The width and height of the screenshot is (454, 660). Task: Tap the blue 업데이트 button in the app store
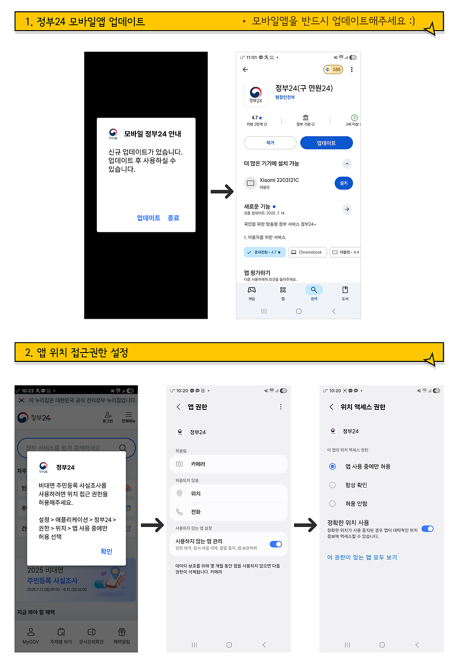pyautogui.click(x=326, y=143)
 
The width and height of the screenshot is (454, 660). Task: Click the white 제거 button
pyautogui.click(x=270, y=143)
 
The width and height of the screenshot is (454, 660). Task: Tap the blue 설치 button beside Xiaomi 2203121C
pyautogui.click(x=344, y=183)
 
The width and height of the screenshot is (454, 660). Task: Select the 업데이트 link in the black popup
pyautogui.click(x=149, y=218)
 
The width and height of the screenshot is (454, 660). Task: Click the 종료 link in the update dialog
pyautogui.click(x=173, y=218)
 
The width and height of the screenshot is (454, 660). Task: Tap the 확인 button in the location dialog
pyautogui.click(x=106, y=551)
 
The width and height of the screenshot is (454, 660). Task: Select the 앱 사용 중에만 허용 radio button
pyautogui.click(x=332, y=466)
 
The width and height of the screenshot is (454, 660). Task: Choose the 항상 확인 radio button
pyautogui.click(x=332, y=485)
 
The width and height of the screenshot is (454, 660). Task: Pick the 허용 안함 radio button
pyautogui.click(x=332, y=503)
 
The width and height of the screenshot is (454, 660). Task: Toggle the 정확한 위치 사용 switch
pyautogui.click(x=427, y=529)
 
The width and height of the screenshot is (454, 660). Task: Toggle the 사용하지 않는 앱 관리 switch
pyautogui.click(x=276, y=544)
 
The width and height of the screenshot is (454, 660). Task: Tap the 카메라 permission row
pyautogui.click(x=228, y=464)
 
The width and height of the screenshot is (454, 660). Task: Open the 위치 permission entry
pyautogui.click(x=228, y=494)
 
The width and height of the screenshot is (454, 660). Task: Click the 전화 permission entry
pyautogui.click(x=228, y=512)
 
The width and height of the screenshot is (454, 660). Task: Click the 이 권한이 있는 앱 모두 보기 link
pyautogui.click(x=362, y=558)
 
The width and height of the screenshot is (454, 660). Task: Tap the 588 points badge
pyautogui.click(x=333, y=70)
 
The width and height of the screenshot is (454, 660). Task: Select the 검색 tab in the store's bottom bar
pyautogui.click(x=314, y=292)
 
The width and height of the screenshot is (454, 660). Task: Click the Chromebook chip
pyautogui.click(x=307, y=252)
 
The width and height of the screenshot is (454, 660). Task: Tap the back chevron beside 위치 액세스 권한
pyautogui.click(x=331, y=407)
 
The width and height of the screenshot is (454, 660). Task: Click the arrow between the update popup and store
pyautogui.click(x=222, y=191)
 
